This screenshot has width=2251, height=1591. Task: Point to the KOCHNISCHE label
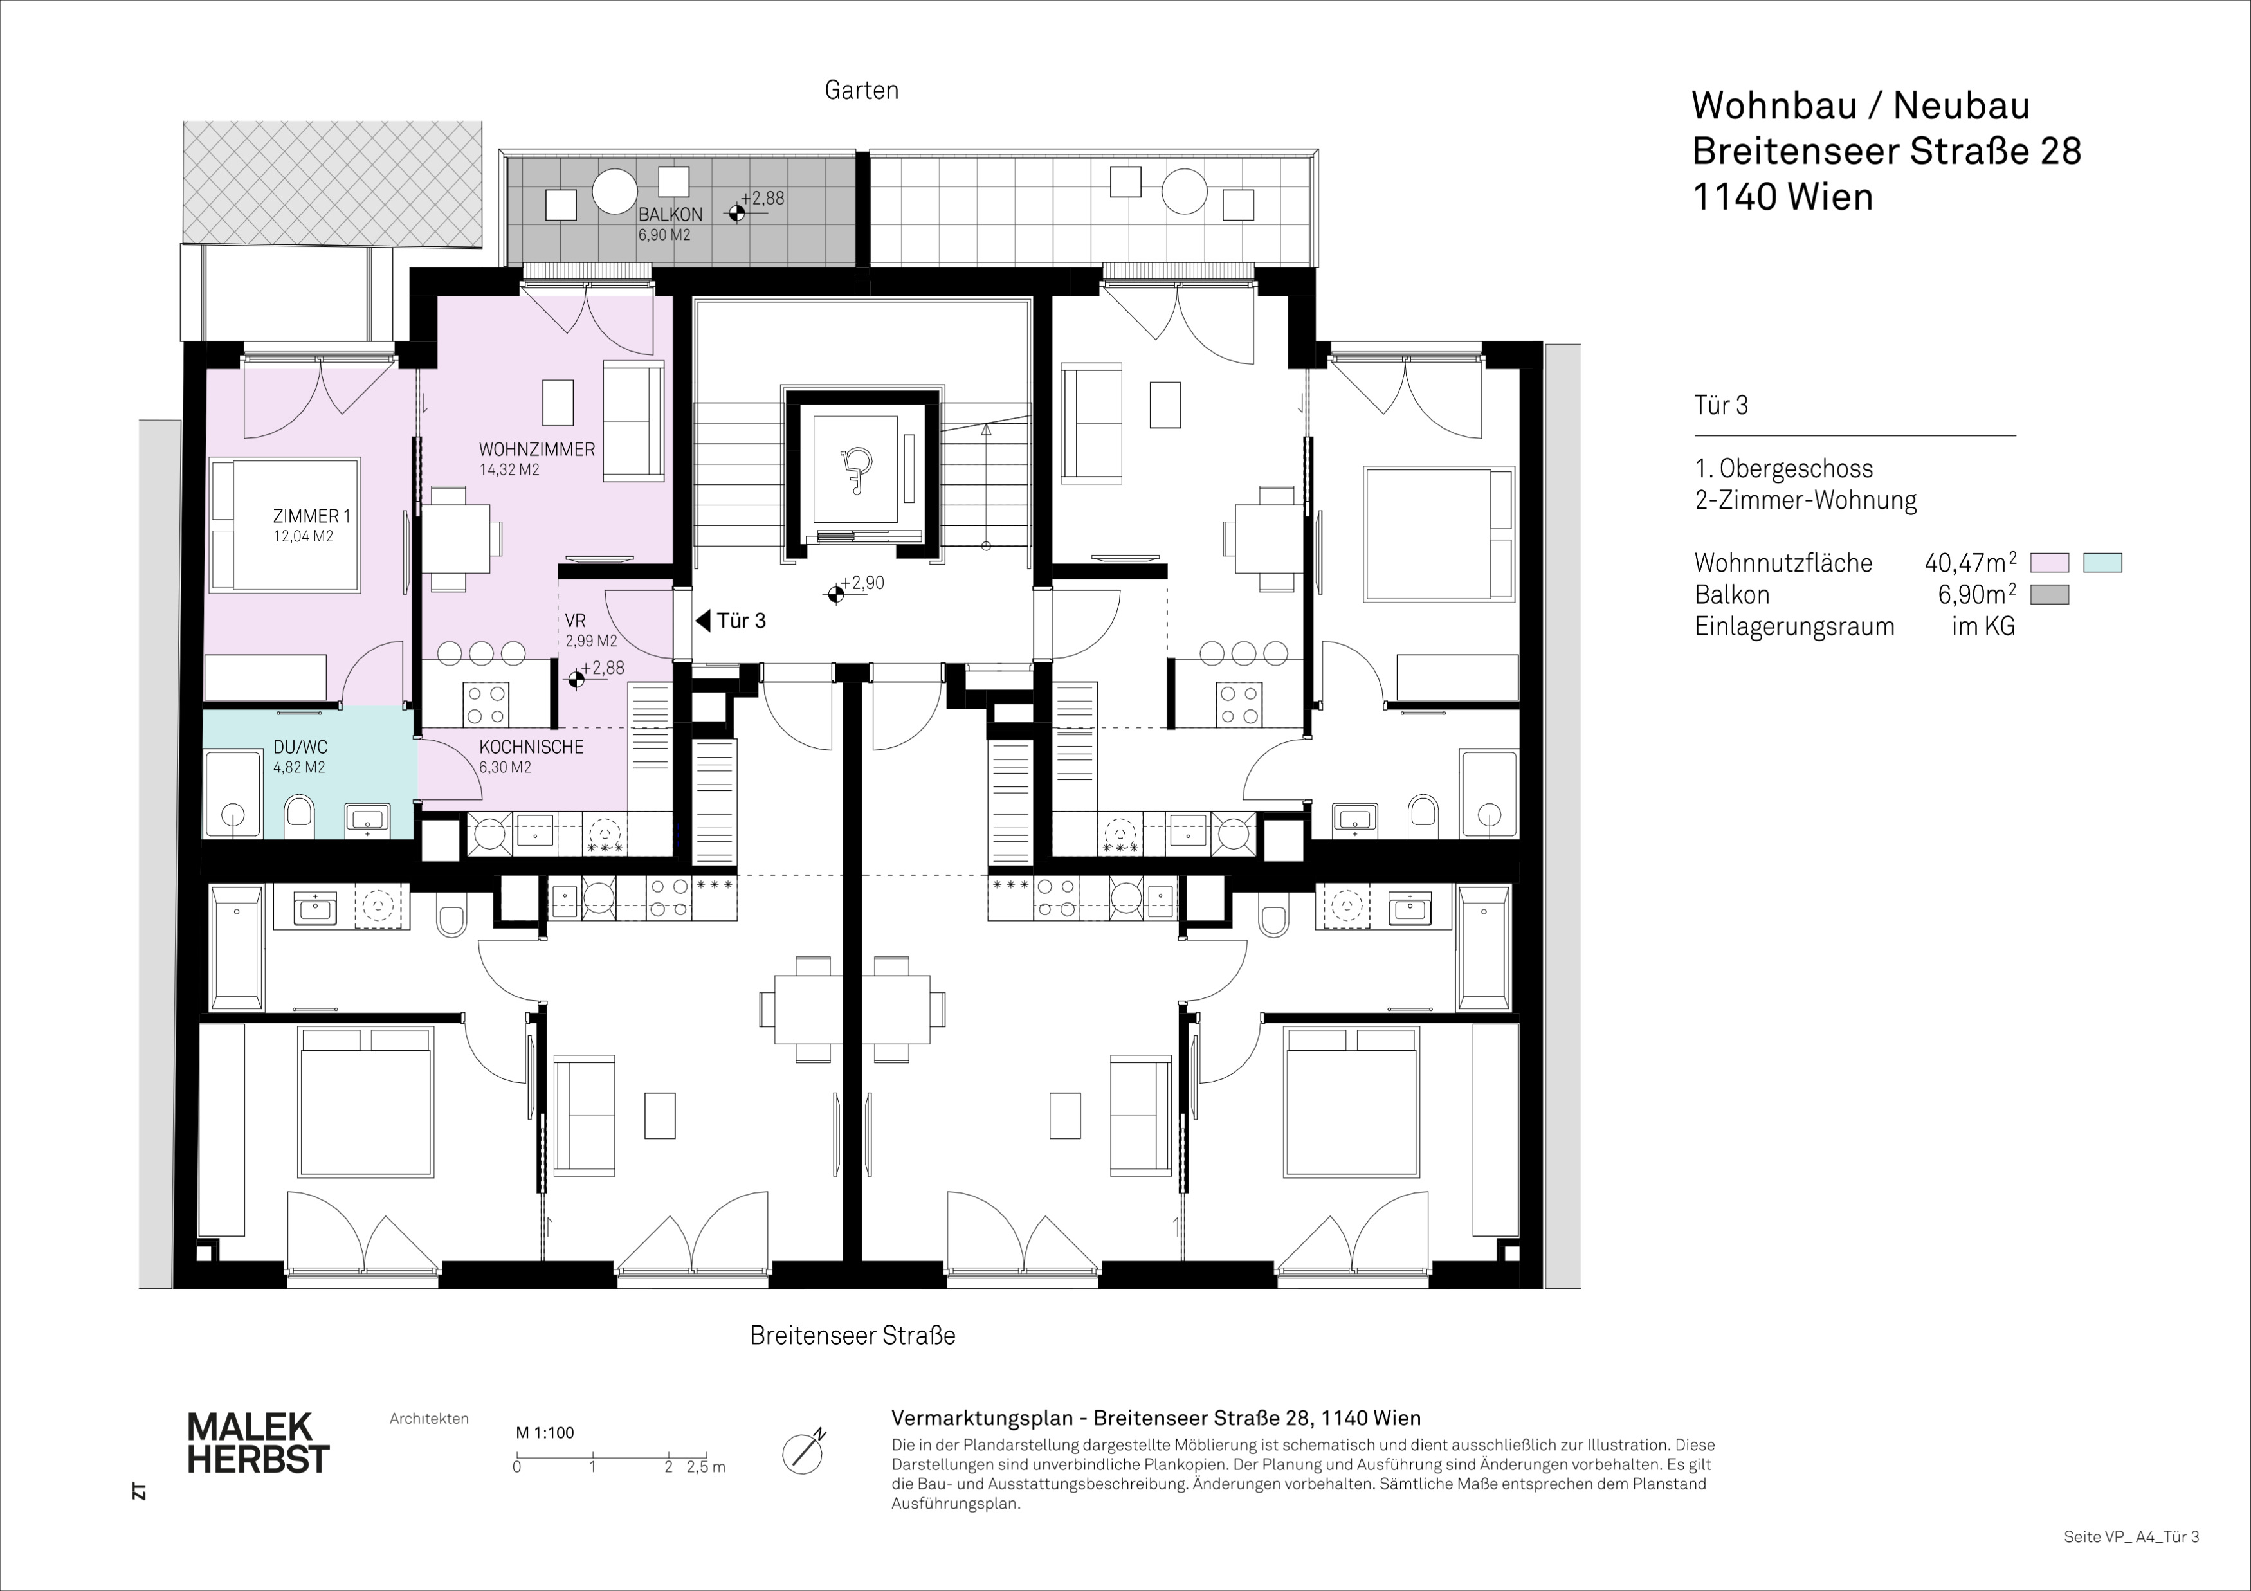tap(531, 747)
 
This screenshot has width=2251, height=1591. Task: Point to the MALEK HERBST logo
tap(258, 1442)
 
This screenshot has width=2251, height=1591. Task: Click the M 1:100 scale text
tap(545, 1432)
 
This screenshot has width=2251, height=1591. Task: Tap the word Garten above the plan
tap(862, 90)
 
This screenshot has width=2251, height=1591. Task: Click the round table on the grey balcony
tap(615, 190)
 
